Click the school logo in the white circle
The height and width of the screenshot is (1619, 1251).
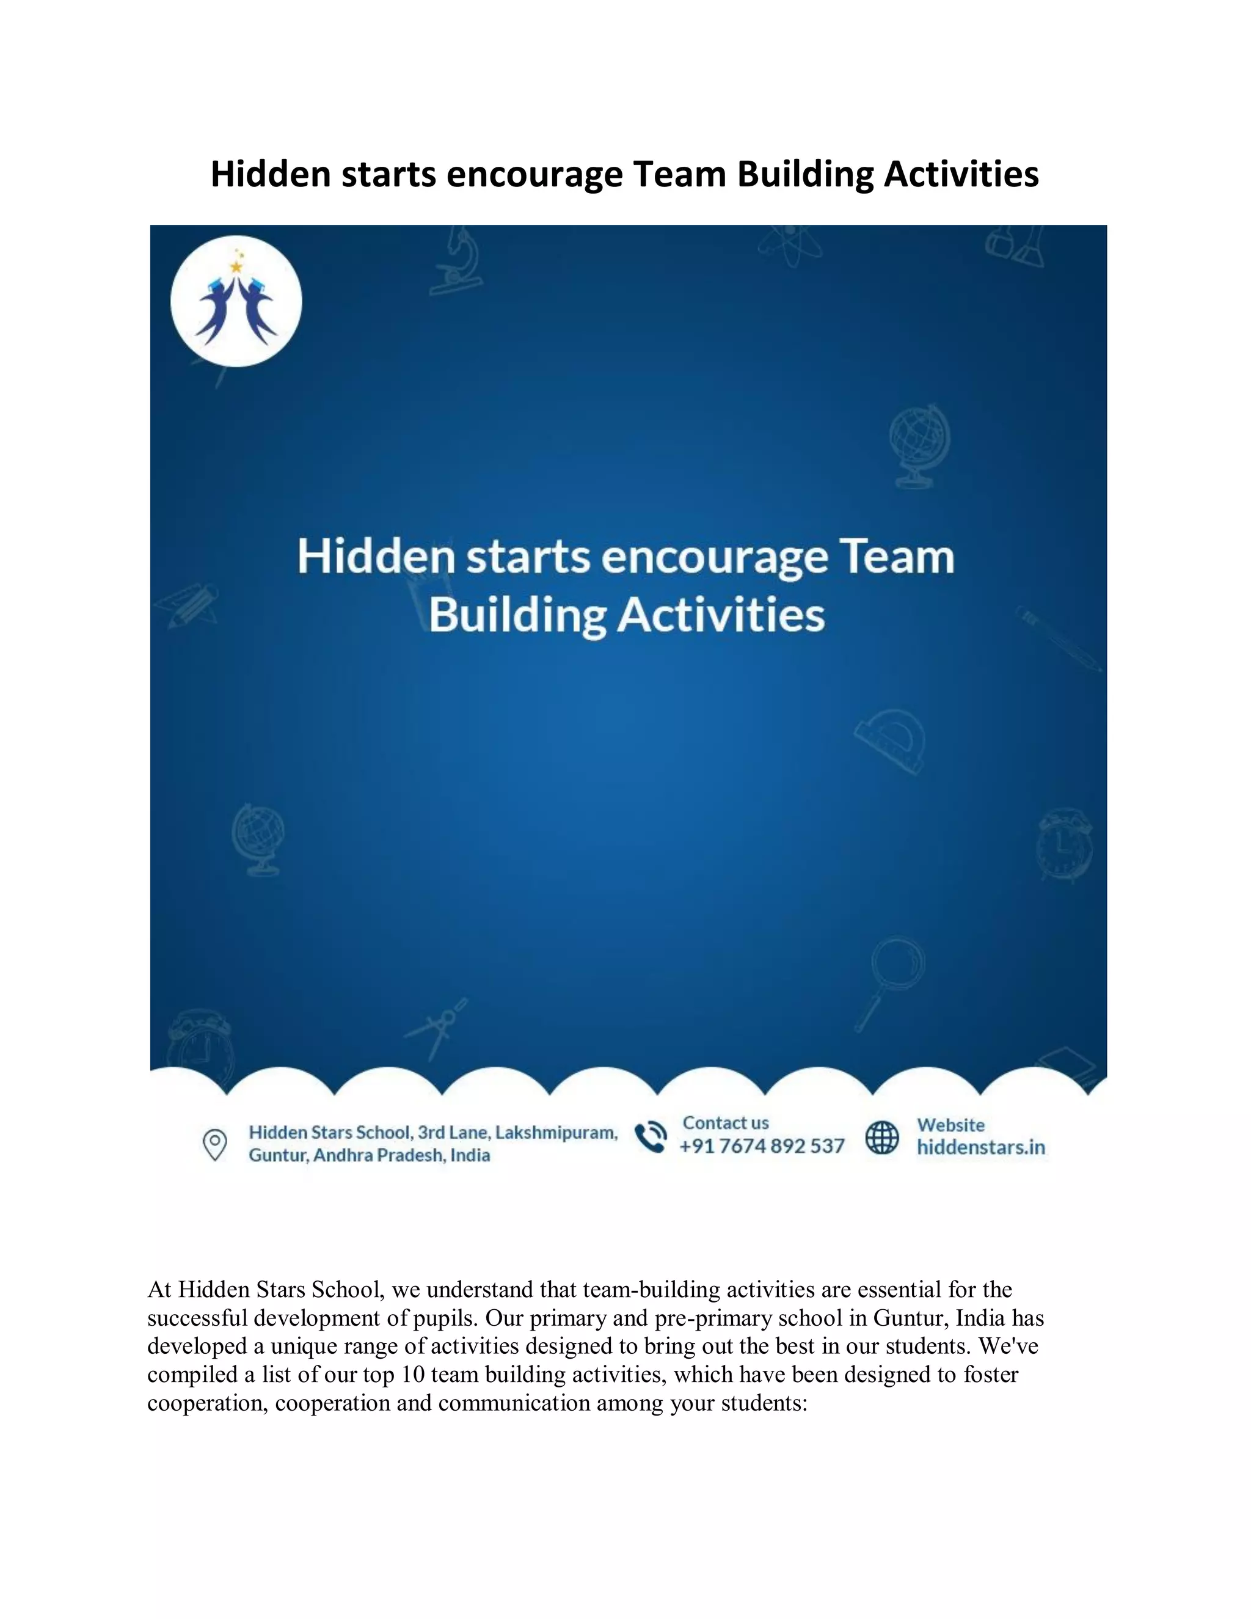(x=236, y=302)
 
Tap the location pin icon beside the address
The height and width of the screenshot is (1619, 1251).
(x=215, y=1144)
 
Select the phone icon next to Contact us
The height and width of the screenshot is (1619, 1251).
(x=651, y=1136)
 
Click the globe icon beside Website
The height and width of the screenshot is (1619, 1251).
(x=882, y=1136)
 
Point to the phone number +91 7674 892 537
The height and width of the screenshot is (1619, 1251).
(x=762, y=1146)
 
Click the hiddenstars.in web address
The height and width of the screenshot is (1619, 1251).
(x=980, y=1147)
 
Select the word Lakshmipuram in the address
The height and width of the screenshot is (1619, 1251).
(x=556, y=1133)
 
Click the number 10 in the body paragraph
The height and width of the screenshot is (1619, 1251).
(x=413, y=1375)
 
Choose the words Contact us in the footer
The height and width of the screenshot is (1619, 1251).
(x=726, y=1123)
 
